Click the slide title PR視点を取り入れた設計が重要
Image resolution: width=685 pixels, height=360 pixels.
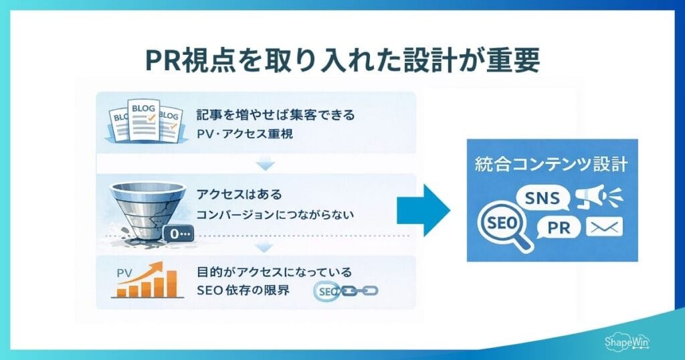(x=342, y=60)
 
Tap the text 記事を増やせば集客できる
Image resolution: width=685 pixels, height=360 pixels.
(x=276, y=115)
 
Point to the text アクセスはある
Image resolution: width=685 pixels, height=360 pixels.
(x=239, y=195)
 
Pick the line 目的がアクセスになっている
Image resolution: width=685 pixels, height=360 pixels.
(x=274, y=272)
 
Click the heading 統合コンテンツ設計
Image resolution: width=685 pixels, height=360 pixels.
(x=551, y=163)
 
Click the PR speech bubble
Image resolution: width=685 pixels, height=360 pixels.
(x=558, y=228)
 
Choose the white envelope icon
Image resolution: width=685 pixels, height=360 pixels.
(x=603, y=228)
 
